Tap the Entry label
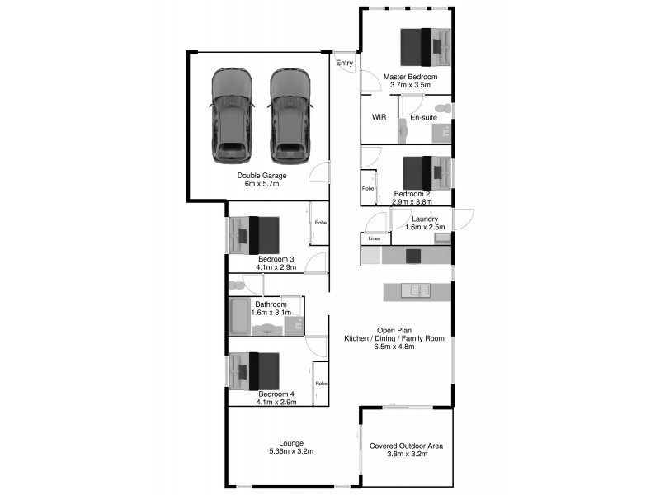coord(344,63)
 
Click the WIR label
coord(379,117)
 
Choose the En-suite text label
coord(423,117)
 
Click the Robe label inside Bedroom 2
coord(368,188)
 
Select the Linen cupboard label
coord(374,238)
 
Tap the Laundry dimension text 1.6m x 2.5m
coord(425,227)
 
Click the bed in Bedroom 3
coord(255,234)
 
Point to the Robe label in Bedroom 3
coord(319,223)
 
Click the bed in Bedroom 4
coord(255,370)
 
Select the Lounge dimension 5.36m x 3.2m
coord(291,451)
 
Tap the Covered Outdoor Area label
coord(407,445)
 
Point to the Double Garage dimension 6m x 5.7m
coord(262,184)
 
